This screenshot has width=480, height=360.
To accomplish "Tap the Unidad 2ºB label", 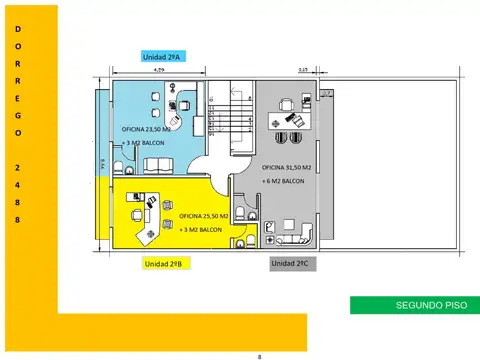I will [x=161, y=264].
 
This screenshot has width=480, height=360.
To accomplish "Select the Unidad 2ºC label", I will [x=290, y=264].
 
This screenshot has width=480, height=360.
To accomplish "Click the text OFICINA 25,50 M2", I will [x=204, y=216].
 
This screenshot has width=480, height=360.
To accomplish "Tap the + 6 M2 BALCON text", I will [x=284, y=181].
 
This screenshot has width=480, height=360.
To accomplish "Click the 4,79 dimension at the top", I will [x=160, y=71].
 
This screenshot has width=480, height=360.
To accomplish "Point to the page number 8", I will [x=259, y=355].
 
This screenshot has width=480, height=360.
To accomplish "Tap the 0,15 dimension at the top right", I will [x=303, y=68].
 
